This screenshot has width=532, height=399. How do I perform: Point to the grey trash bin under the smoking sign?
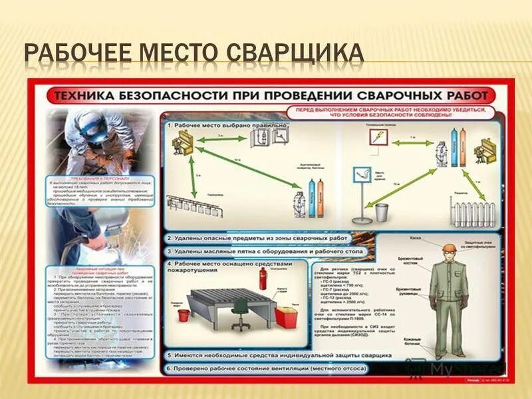tap(381, 212)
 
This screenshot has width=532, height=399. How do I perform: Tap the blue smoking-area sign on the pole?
tap(361, 175)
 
